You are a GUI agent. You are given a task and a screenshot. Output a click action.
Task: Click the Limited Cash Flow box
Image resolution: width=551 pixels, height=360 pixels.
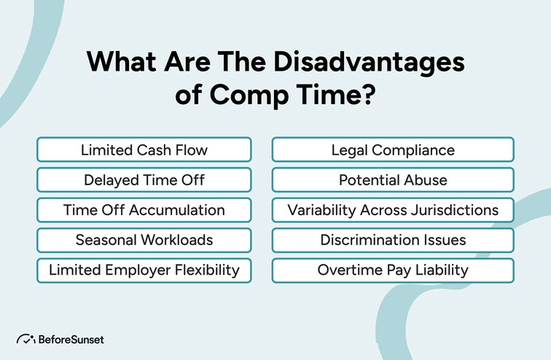tap(144, 150)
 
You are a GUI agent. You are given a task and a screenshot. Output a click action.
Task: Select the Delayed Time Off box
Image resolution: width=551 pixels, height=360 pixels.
tap(144, 180)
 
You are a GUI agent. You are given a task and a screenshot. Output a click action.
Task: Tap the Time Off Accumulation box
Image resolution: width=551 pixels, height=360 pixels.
tap(144, 210)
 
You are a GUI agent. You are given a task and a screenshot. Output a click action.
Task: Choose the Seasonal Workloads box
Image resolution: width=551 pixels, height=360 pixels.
tap(144, 240)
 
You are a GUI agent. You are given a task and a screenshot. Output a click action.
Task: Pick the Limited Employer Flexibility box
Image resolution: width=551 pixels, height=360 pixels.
tap(144, 270)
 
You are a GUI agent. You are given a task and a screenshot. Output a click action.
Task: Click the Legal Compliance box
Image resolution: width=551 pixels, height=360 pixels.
tap(393, 150)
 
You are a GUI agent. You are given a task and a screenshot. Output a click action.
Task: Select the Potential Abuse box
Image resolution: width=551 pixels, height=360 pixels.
tap(393, 180)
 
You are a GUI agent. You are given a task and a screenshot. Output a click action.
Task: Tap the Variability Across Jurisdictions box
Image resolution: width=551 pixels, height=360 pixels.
tap(393, 210)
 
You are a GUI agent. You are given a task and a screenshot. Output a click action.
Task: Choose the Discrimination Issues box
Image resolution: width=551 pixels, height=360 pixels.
tap(393, 240)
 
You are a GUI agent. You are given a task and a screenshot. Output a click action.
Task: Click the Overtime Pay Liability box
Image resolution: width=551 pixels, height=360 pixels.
tap(393, 270)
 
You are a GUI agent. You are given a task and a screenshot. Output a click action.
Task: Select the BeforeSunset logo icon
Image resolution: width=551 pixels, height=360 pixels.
tap(26, 340)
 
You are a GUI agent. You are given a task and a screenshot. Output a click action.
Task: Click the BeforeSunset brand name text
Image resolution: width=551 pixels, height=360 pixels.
tap(71, 340)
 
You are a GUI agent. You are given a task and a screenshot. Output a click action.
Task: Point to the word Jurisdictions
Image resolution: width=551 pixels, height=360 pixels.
tap(451, 210)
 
